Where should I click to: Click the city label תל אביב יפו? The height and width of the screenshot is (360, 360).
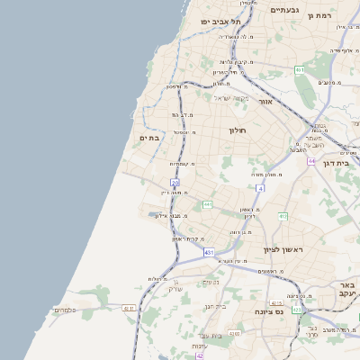coord(217,21)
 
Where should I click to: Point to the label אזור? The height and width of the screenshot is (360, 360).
coord(265,102)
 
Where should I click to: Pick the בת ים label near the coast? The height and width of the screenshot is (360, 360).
coord(148,138)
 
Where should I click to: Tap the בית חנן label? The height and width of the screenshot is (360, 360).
coord(214,306)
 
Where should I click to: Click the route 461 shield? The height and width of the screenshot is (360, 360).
coord(300,69)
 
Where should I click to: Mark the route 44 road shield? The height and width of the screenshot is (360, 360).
coord(310,161)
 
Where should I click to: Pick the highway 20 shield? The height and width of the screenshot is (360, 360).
coord(175,183)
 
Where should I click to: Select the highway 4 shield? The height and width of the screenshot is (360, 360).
coord(260,188)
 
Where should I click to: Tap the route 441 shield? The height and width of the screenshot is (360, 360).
coord(207,205)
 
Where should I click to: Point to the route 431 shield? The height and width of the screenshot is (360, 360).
coord(209,253)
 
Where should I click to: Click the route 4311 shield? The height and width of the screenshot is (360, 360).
coord(129,309)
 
